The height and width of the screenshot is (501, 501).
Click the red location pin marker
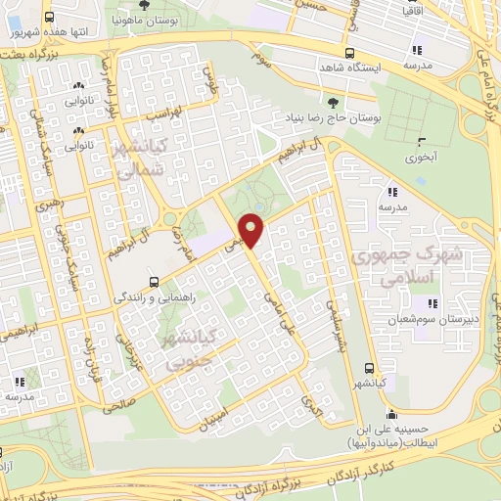tap(251, 231)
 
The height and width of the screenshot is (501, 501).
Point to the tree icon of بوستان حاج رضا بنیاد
tap(337, 102)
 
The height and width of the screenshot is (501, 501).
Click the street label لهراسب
tap(163, 114)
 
